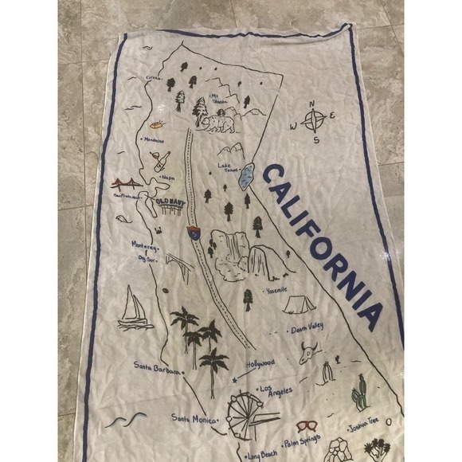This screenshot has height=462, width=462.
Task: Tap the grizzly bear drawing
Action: click(x=217, y=124)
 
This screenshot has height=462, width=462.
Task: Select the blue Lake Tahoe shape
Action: click(x=249, y=176)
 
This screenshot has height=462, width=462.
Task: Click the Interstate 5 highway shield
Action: click(x=193, y=234)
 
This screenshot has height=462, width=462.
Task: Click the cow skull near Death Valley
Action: click(x=309, y=352)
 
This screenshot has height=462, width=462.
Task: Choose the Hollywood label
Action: click(x=260, y=362)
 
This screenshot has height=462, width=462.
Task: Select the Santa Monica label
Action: click(x=191, y=417)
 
